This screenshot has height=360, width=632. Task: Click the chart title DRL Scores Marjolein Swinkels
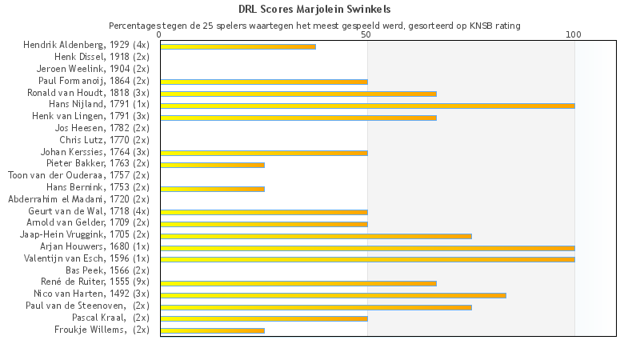(x=314, y=10)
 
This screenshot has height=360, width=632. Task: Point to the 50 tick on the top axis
(x=366, y=35)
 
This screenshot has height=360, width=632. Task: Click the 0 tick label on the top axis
(x=160, y=35)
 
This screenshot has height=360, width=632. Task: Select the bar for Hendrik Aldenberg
(x=238, y=46)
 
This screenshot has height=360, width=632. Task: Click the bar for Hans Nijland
(x=367, y=105)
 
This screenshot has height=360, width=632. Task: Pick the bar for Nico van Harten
(x=333, y=295)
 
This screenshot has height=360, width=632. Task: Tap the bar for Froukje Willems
(x=212, y=330)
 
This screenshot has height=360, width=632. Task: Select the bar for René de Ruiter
(x=298, y=283)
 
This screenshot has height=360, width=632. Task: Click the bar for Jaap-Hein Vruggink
(x=316, y=236)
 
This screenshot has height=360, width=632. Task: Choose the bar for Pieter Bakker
(x=212, y=165)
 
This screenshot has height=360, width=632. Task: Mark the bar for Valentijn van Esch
(x=367, y=259)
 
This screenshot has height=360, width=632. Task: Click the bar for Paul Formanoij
(x=264, y=82)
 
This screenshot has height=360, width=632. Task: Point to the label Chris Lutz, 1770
(x=104, y=140)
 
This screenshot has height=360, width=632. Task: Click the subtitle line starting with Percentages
(x=314, y=26)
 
